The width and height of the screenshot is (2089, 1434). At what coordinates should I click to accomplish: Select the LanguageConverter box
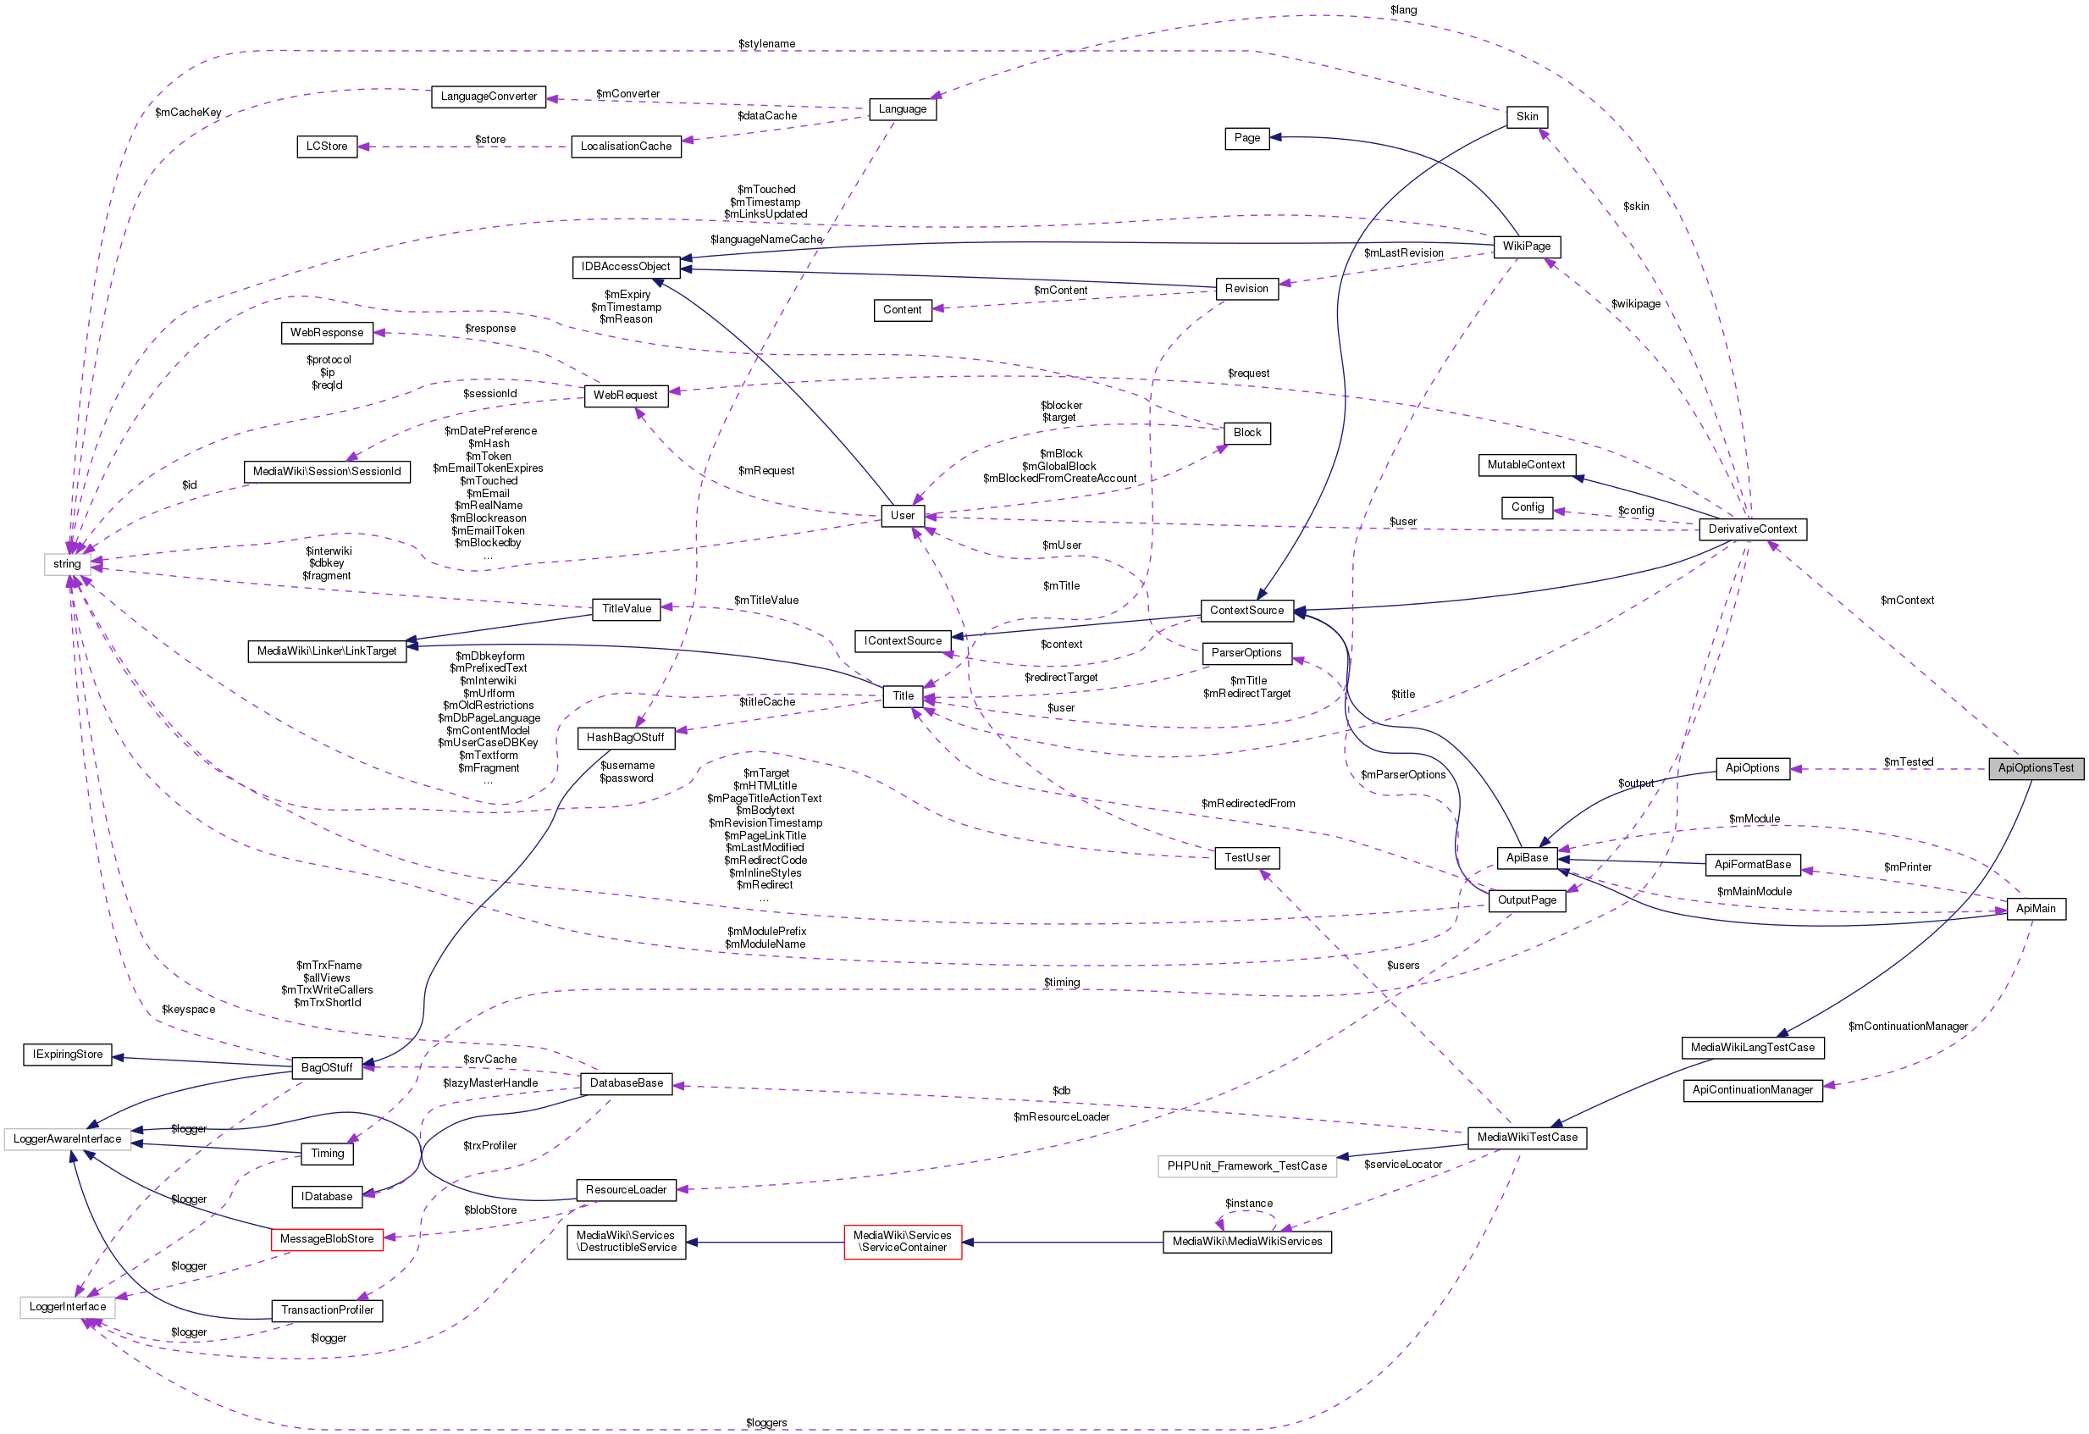(x=488, y=97)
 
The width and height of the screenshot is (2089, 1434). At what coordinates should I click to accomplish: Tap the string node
(x=67, y=565)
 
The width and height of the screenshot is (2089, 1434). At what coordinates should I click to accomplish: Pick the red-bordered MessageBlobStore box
(x=326, y=1239)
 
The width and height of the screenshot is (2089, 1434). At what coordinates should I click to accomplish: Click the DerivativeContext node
(x=1752, y=529)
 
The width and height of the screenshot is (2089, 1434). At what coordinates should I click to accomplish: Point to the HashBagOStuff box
(x=625, y=738)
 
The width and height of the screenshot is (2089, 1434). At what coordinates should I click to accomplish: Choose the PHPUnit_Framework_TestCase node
(x=1246, y=1166)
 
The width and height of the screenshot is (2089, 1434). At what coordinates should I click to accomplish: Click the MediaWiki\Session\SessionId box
(x=326, y=472)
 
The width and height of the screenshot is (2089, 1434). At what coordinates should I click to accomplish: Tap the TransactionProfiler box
(x=327, y=1311)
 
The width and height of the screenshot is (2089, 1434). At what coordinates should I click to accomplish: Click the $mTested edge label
(x=1908, y=762)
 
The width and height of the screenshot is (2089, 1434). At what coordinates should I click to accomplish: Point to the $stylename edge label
(x=765, y=44)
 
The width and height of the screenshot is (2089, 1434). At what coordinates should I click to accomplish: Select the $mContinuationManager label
(x=1908, y=1027)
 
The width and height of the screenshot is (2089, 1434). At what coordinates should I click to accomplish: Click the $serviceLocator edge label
(x=1402, y=1165)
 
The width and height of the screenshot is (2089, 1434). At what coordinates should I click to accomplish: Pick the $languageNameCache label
(x=765, y=240)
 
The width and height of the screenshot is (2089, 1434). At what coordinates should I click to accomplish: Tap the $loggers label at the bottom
(x=765, y=1423)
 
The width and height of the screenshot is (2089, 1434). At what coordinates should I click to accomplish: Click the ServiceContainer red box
(x=903, y=1242)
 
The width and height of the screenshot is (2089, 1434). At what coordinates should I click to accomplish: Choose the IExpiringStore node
(x=68, y=1055)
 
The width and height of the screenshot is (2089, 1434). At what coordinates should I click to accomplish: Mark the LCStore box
(x=326, y=147)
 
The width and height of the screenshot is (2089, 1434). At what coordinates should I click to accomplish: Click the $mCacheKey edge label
(x=188, y=114)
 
